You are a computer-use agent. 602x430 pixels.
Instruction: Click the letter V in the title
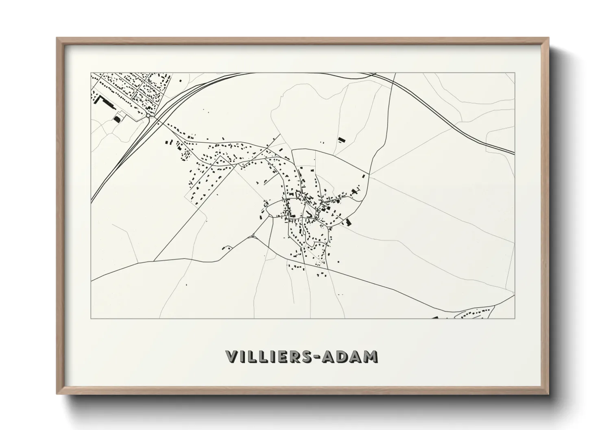(233, 356)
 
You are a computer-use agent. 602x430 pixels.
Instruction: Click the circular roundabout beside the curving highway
(148, 116)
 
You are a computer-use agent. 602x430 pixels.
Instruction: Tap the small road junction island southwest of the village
(253, 236)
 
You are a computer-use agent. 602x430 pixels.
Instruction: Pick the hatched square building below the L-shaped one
(117, 118)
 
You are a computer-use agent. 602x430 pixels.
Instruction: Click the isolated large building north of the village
(341, 140)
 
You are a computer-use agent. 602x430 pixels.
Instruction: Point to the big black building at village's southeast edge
(348, 222)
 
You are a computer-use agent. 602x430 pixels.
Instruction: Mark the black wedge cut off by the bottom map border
(434, 317)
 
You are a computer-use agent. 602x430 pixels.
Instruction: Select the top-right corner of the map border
(515, 73)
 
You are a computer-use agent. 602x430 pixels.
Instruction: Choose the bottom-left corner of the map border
(91, 319)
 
